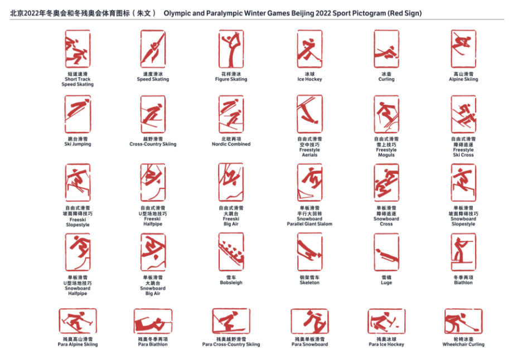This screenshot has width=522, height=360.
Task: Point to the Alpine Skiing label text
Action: point(463,79)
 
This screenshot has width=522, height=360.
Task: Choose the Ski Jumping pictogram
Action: point(77,114)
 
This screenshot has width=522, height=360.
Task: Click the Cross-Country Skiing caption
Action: point(153,144)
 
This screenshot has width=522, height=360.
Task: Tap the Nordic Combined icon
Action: point(231,114)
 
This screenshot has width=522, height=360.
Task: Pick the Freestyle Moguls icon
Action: point(386,114)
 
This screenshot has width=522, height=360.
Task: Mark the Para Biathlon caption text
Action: point(153,344)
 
